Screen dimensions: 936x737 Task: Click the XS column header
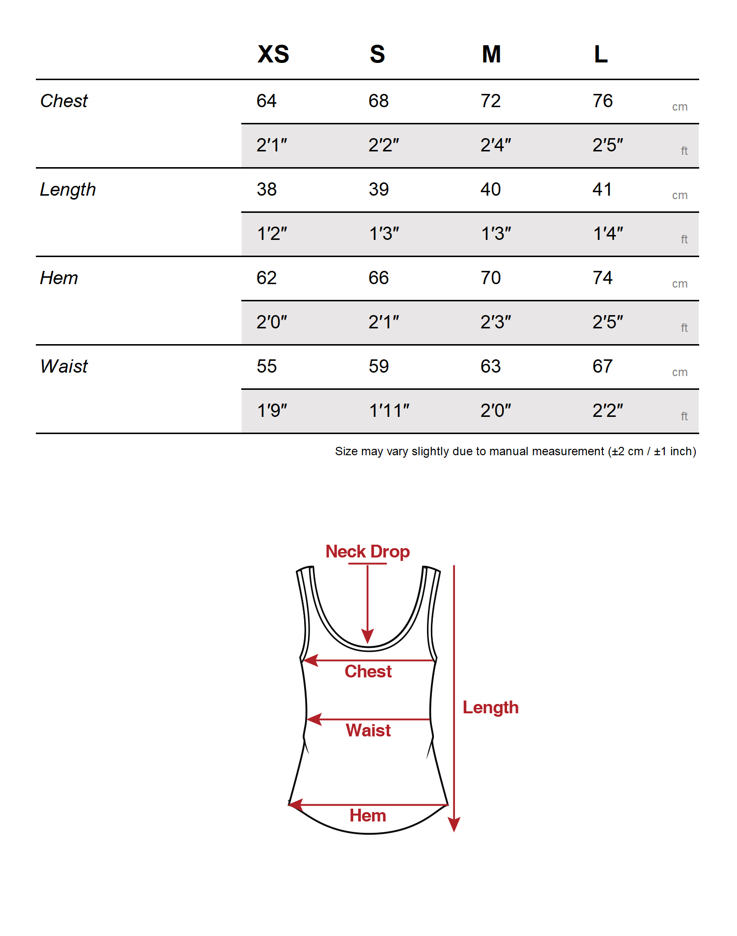coord(273,54)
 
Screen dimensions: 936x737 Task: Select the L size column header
coord(601,54)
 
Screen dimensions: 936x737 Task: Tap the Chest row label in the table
coord(64,101)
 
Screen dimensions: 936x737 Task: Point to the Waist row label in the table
coord(64,366)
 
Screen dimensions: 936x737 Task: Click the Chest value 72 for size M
coord(490,101)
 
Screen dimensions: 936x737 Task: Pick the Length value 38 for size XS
coord(267,189)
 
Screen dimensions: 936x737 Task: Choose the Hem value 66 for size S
coord(378,278)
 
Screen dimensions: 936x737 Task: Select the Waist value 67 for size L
coord(602,366)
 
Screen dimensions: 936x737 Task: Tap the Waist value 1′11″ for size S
coord(389,410)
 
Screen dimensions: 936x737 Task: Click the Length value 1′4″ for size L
coord(608,234)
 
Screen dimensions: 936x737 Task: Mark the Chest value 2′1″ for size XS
coord(272,145)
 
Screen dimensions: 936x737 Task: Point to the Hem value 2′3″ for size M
coord(496,322)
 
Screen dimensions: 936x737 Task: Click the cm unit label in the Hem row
coord(680,284)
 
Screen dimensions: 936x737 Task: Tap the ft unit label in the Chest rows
coord(684,151)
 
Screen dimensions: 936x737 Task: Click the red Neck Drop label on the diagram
coord(368,552)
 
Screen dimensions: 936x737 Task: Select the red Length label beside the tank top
coord(490,707)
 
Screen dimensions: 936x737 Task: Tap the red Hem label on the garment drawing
coord(368,816)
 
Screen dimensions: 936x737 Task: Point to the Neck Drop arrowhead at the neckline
coord(368,636)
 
